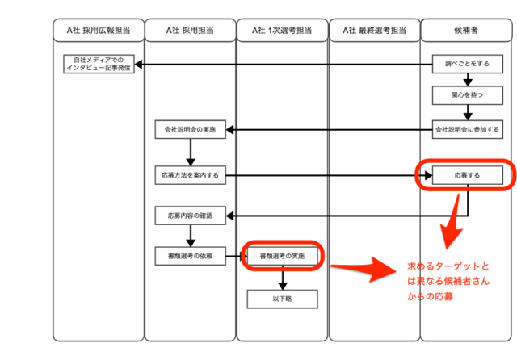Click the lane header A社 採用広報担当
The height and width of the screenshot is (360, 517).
point(99,31)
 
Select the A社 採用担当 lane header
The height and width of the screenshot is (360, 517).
point(191,31)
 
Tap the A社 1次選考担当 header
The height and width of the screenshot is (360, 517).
point(282,31)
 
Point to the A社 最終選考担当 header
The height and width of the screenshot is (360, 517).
point(375,31)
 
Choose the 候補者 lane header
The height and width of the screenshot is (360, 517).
point(466,31)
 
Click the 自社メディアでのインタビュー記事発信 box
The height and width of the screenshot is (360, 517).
point(99,64)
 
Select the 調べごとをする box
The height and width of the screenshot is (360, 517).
point(468,64)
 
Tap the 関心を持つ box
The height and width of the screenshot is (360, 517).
point(468,95)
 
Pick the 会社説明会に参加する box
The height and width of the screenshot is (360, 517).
point(468,129)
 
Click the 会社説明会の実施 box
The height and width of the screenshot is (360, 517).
point(191,129)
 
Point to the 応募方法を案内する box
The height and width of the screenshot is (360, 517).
point(191,175)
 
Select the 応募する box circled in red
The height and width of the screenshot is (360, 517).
point(468,175)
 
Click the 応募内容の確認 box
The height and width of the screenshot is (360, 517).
point(191,216)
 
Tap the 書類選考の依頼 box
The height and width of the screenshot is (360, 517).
point(191,256)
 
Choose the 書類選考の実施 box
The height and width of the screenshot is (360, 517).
point(283,256)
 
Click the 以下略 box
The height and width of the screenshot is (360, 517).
point(283,299)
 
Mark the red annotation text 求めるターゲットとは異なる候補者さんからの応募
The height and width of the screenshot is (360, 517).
point(448,281)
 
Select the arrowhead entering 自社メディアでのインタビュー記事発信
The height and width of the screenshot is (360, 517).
point(138,65)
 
